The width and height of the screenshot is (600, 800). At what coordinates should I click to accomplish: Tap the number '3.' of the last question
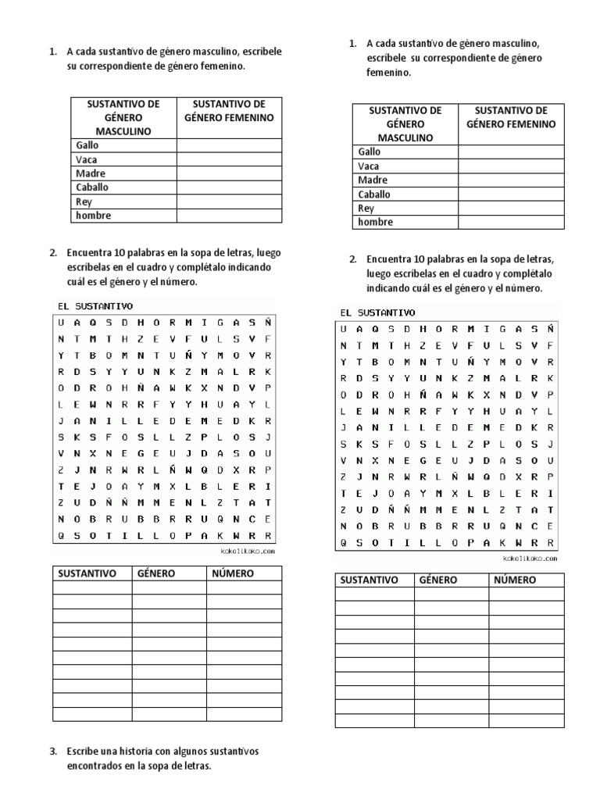point(53,752)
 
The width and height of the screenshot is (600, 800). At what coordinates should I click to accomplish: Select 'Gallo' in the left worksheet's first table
point(87,145)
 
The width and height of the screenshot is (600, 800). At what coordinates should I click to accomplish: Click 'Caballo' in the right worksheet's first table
point(374,195)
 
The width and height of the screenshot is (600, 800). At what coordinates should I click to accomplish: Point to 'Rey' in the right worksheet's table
point(366,209)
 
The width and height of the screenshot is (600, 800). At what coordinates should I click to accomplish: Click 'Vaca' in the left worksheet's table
point(86,159)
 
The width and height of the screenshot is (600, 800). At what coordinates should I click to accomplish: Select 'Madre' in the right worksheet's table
point(373,180)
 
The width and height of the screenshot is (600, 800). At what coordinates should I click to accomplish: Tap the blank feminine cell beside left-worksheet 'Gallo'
point(229,145)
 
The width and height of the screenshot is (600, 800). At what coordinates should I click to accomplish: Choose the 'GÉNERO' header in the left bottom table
point(156,573)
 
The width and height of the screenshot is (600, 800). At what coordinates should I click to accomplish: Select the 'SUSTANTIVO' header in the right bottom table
point(368,580)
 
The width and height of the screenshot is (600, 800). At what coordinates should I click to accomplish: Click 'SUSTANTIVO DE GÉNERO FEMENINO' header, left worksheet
point(229,110)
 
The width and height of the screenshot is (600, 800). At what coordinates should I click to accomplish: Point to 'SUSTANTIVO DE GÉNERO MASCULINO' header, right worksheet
point(405,123)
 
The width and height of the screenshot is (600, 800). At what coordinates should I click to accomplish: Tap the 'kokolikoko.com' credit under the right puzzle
point(530,559)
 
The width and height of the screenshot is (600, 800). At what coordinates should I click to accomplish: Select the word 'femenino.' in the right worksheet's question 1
point(387,72)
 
